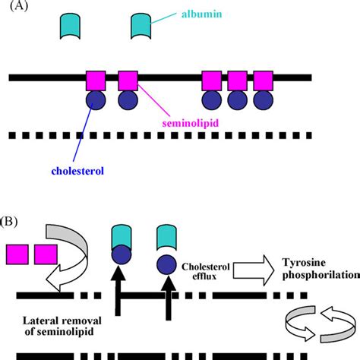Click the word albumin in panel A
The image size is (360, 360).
(201, 14)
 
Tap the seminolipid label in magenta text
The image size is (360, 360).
(190, 123)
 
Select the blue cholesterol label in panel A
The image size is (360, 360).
(77, 171)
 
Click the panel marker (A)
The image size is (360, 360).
(19, 5)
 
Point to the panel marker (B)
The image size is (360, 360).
(9, 222)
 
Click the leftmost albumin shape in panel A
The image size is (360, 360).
(70, 27)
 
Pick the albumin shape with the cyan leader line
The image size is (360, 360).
(141, 27)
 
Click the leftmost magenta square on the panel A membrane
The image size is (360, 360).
(96, 81)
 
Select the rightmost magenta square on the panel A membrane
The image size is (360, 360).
(264, 81)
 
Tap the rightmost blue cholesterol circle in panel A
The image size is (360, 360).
(264, 100)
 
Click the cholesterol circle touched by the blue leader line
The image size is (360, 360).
(96, 100)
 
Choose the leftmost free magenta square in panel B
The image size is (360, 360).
(17, 254)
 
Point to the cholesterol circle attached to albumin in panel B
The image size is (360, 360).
(122, 254)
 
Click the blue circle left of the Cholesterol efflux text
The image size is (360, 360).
(166, 265)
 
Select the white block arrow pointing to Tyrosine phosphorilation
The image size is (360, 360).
(254, 270)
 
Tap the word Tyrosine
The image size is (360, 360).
(304, 263)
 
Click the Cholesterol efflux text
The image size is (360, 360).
(205, 271)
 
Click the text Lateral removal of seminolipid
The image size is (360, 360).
(62, 326)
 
